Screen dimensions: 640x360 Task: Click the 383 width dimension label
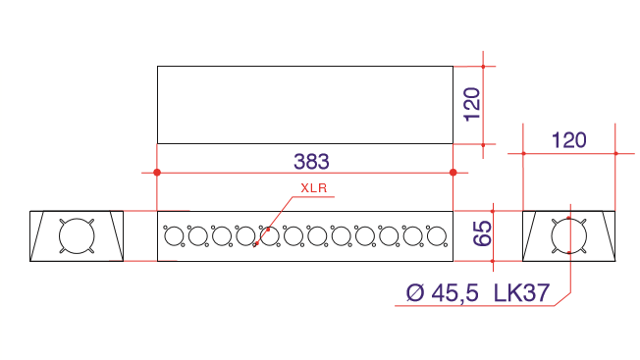point(311,162)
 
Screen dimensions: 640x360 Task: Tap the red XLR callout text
point(314,188)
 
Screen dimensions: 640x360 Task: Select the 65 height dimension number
point(482,233)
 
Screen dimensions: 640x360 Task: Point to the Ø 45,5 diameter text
point(442,292)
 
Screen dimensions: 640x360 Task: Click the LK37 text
point(521,292)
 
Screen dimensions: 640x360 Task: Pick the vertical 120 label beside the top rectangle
point(472,104)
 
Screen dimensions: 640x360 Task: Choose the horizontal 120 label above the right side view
point(569,140)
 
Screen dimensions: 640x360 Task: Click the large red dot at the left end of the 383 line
point(157,173)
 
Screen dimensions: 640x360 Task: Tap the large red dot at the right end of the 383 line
point(453,173)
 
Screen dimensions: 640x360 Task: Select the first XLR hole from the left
point(174,236)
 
